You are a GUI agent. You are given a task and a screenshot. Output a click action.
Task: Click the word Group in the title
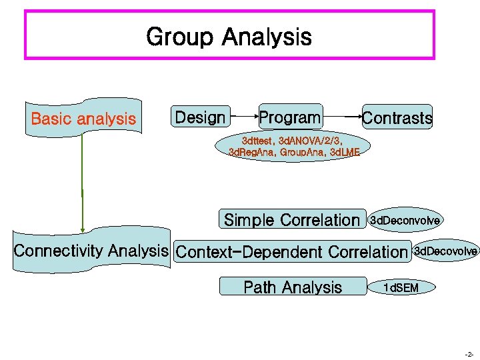click(181, 36)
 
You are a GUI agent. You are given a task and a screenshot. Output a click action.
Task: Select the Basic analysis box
click(83, 119)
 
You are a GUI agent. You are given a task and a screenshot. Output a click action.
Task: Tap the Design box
click(200, 118)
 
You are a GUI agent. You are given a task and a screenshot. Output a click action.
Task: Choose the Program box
click(289, 118)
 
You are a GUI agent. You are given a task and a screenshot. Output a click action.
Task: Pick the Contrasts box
click(397, 119)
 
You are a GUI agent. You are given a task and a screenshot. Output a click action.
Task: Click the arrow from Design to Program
click(243, 118)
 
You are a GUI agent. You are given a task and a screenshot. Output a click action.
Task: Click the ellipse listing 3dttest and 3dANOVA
click(293, 146)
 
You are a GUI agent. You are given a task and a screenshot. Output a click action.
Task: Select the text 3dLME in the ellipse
click(345, 153)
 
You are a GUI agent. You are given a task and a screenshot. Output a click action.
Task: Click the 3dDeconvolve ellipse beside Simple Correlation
click(405, 220)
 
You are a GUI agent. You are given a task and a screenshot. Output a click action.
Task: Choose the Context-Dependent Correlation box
click(291, 252)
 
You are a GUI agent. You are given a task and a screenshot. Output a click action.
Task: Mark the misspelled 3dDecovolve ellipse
click(445, 251)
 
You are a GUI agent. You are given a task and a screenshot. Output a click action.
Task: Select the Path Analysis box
click(293, 287)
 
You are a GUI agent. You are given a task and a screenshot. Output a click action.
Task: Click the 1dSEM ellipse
click(401, 287)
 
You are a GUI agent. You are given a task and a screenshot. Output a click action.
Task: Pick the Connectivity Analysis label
click(91, 251)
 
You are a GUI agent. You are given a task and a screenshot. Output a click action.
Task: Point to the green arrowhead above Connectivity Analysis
click(82, 228)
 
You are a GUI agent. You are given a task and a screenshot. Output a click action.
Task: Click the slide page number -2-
click(469, 354)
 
